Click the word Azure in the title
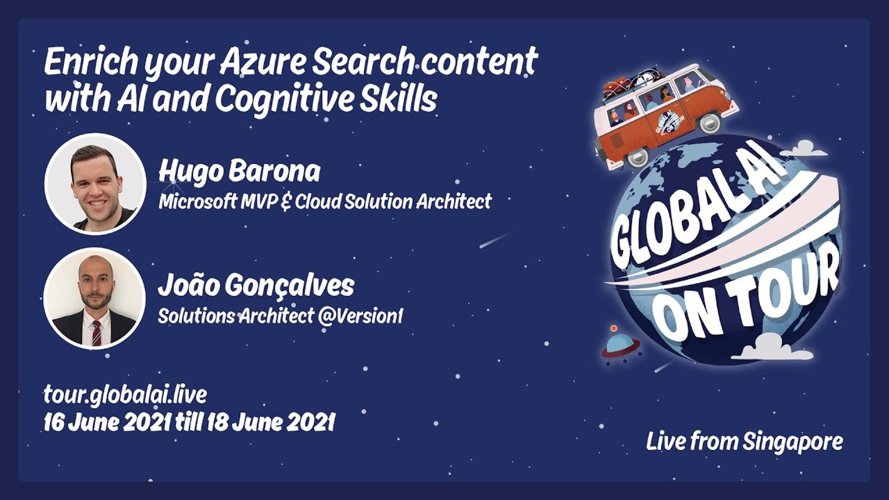[x=262, y=62]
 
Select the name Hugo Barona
[x=239, y=172]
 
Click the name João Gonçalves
[x=256, y=286]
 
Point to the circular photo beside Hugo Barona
[x=95, y=184]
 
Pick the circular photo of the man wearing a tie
[x=94, y=299]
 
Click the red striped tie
[x=96, y=333]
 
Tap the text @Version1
[x=361, y=316]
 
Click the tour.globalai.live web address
[x=125, y=395]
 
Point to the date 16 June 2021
[x=107, y=423]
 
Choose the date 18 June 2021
[x=271, y=423]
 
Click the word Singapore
[x=793, y=442]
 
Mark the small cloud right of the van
[x=809, y=149]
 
